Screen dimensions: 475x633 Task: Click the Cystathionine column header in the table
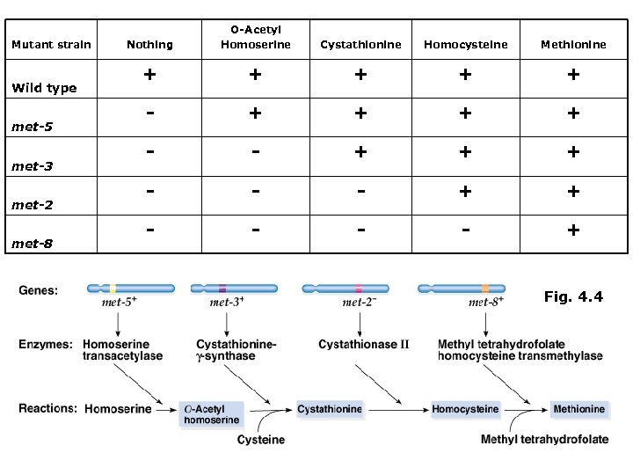(360, 44)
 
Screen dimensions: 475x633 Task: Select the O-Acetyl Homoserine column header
(254, 37)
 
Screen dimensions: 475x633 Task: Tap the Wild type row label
(44, 88)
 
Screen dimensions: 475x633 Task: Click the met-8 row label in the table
(32, 244)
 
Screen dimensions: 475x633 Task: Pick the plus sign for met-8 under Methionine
(573, 230)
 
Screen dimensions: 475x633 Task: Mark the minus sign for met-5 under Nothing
(150, 113)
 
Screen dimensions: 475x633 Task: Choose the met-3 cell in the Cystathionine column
(360, 152)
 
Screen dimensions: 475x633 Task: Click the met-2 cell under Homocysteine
(465, 191)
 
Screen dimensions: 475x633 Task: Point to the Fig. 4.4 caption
(573, 297)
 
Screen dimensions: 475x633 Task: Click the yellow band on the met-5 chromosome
(113, 288)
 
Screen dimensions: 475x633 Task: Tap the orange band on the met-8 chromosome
(484, 288)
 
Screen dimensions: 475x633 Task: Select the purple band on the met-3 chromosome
(222, 288)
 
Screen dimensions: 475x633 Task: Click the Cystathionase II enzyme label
(364, 345)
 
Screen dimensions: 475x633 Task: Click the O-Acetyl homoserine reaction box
(210, 414)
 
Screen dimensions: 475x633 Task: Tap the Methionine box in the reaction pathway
(578, 409)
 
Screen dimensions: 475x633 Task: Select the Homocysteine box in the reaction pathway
(465, 409)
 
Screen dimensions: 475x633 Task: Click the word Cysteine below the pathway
(261, 440)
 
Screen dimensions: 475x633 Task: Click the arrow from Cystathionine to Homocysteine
(397, 409)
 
